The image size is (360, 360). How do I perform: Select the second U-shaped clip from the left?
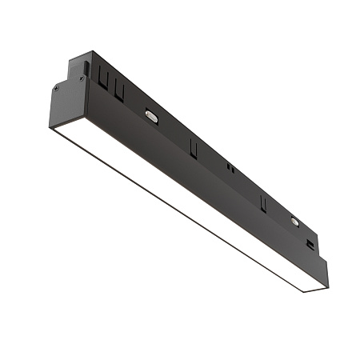tap(119, 90)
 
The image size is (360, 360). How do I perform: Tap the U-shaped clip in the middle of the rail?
tap(193, 147)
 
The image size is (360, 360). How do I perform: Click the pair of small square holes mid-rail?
tap(230, 169)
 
